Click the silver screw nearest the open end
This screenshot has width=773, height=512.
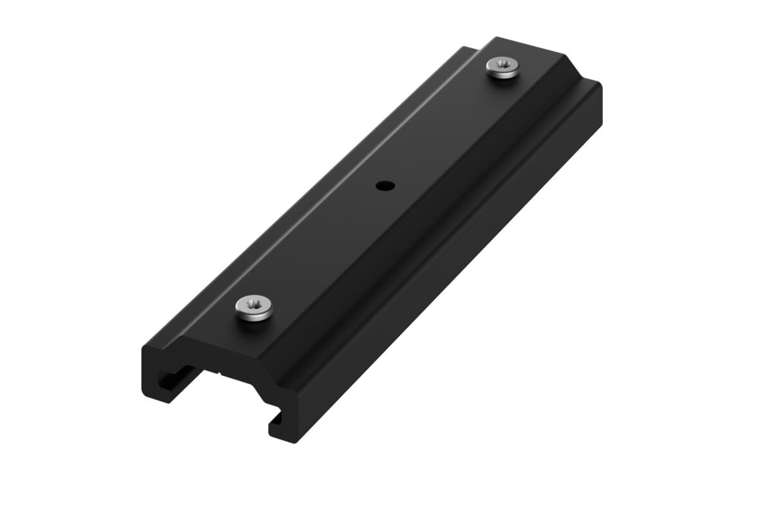point(254,306)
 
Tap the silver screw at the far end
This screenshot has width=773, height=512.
point(503,67)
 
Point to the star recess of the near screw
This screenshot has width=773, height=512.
point(253,302)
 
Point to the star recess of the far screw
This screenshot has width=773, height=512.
point(503,64)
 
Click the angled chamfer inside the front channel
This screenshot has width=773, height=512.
point(258,389)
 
